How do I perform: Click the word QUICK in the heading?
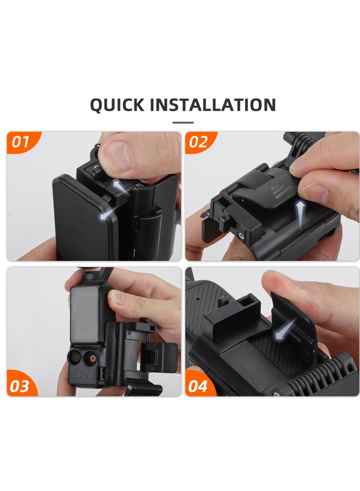pyautogui.click(x=117, y=105)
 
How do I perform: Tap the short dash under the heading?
pyautogui.click(x=183, y=122)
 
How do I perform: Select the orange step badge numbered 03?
pyautogui.click(x=20, y=386)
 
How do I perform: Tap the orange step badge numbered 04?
pyautogui.click(x=198, y=386)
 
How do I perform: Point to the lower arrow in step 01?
pyautogui.click(x=106, y=216)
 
